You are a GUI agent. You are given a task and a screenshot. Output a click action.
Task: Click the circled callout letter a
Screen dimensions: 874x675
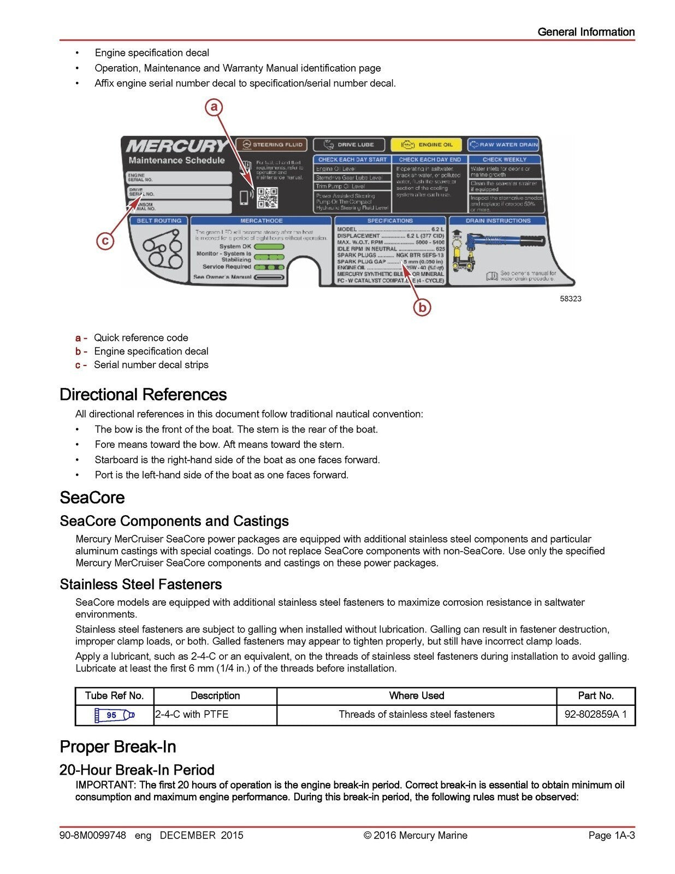click(x=214, y=107)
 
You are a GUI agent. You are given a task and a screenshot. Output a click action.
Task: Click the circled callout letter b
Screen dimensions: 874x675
click(x=422, y=308)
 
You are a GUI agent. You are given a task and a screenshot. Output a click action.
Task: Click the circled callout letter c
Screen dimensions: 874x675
click(x=105, y=240)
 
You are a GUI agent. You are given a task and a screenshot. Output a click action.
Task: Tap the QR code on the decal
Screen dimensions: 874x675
click(x=267, y=198)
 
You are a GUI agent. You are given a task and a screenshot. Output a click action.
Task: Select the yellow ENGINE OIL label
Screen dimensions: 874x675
click(x=427, y=145)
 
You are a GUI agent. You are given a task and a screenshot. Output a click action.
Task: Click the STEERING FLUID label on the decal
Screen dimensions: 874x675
click(x=272, y=145)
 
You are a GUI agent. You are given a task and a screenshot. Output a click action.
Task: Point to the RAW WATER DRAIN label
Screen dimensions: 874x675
click(x=504, y=145)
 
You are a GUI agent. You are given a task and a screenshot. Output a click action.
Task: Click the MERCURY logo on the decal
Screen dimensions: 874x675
click(x=176, y=146)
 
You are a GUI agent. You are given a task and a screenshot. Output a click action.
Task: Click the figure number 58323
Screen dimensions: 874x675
click(x=570, y=299)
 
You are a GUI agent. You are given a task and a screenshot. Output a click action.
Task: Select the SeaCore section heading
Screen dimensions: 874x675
click(x=92, y=498)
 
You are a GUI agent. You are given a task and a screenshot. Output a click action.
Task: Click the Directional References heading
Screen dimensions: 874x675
click(x=143, y=394)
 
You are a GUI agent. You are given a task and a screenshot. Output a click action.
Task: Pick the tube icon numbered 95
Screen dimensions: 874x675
click(x=114, y=714)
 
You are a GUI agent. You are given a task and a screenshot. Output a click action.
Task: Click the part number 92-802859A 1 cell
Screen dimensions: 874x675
click(x=595, y=714)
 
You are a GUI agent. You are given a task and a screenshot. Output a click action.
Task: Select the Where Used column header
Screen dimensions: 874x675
click(x=416, y=696)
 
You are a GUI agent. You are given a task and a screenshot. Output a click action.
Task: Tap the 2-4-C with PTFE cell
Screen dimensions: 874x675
click(x=192, y=714)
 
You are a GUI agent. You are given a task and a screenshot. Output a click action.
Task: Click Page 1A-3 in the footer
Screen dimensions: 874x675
click(x=611, y=835)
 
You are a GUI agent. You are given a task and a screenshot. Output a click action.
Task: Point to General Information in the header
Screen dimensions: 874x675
click(x=585, y=32)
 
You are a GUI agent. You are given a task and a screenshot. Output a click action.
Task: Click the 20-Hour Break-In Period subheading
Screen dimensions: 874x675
click(x=137, y=770)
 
